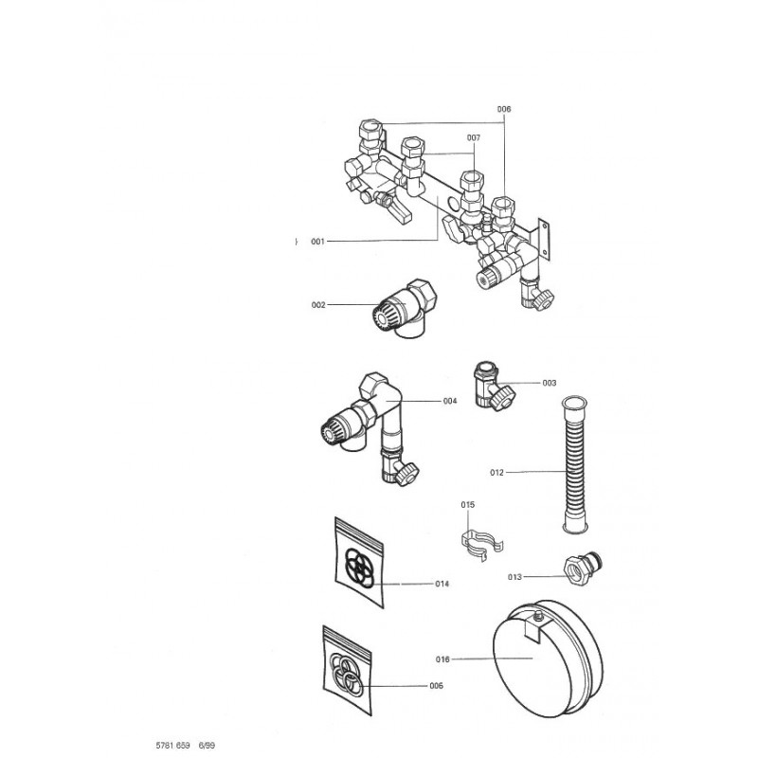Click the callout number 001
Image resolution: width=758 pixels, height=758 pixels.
[317, 242]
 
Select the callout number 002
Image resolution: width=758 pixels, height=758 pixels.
[318, 305]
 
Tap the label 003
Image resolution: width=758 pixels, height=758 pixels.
[550, 383]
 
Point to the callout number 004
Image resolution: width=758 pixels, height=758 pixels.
[450, 401]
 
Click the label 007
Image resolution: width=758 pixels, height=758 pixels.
[474, 137]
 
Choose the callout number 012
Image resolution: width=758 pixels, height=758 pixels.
[496, 472]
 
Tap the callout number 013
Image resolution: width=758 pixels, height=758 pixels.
[514, 577]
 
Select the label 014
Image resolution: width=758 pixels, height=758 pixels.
[442, 584]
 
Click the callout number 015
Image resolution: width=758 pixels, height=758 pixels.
[467, 505]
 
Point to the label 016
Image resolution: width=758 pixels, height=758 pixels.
[442, 659]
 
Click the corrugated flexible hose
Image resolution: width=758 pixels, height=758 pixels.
[574, 465]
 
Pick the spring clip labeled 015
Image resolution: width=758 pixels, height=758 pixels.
[481, 546]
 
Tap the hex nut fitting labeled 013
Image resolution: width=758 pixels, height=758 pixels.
[583, 568]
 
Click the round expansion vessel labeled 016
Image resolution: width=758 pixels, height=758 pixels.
[548, 658]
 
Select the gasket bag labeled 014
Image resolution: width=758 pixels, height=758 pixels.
[359, 563]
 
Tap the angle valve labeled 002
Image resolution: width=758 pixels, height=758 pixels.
[405, 309]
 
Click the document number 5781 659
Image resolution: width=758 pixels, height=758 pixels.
[172, 745]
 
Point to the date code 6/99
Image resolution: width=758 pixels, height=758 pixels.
[207, 745]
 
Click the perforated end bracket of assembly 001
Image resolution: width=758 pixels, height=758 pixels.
[544, 240]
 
